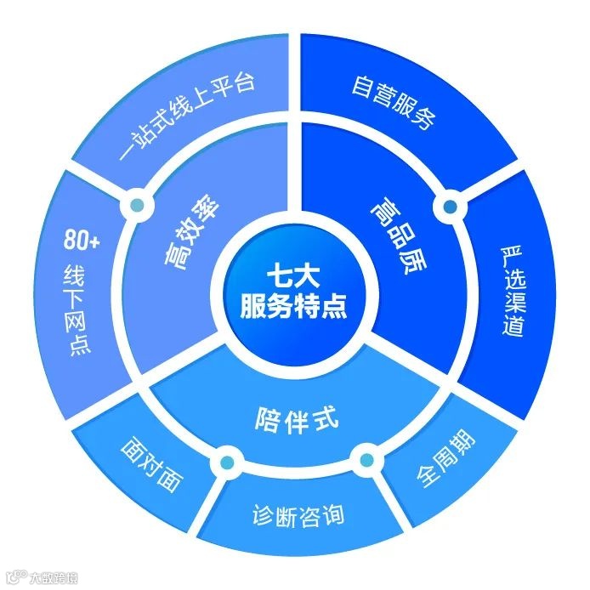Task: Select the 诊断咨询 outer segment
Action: [x=297, y=515]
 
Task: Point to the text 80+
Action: [x=82, y=241]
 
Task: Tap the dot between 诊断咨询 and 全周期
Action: [x=366, y=462]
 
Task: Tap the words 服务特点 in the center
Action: [x=294, y=305]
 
